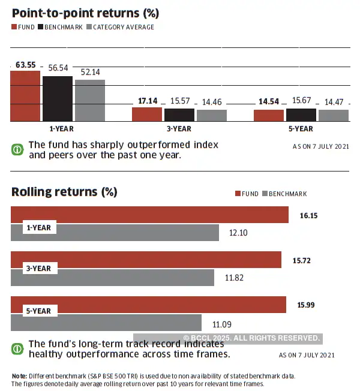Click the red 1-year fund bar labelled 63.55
(x=25, y=96)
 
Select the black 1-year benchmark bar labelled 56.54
(x=58, y=98)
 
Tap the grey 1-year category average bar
(x=90, y=100)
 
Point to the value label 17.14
(x=148, y=101)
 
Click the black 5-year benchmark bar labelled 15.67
(x=301, y=115)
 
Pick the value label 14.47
(x=334, y=103)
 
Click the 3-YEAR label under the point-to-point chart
(x=179, y=129)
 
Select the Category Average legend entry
(x=120, y=27)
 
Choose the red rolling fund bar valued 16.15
(x=149, y=215)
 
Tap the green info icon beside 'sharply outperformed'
(x=18, y=149)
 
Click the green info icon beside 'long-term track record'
(x=18, y=348)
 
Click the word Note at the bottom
(x=19, y=376)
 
